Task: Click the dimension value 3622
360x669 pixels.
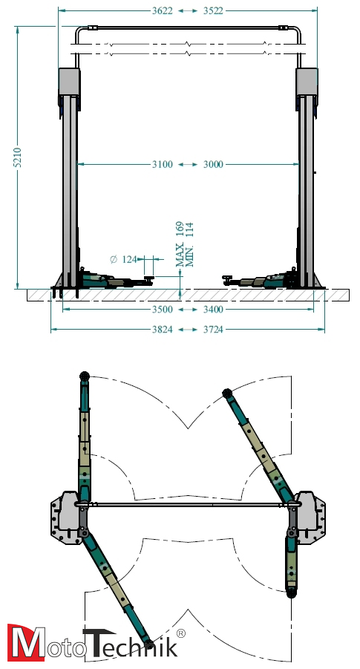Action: [x=163, y=10]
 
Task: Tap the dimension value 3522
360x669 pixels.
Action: [x=213, y=10]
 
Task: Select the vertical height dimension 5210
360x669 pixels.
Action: [x=17, y=157]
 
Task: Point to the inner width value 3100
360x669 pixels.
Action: [x=163, y=164]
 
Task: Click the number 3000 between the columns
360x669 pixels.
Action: [x=213, y=164]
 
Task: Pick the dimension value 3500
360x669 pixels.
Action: [x=163, y=310]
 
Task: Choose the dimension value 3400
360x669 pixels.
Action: [x=213, y=310]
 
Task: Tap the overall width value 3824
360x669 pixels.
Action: [x=163, y=330]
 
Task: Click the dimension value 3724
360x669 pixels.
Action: [x=213, y=330]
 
